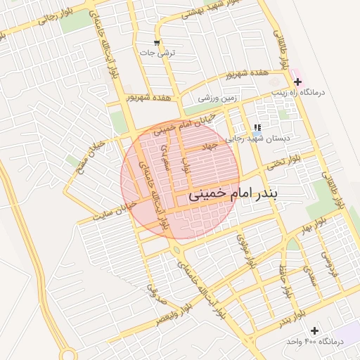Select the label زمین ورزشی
pos(225,98)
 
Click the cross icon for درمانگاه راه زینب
pos(298,82)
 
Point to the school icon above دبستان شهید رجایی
pos(257,128)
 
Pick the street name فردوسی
pos(326,263)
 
